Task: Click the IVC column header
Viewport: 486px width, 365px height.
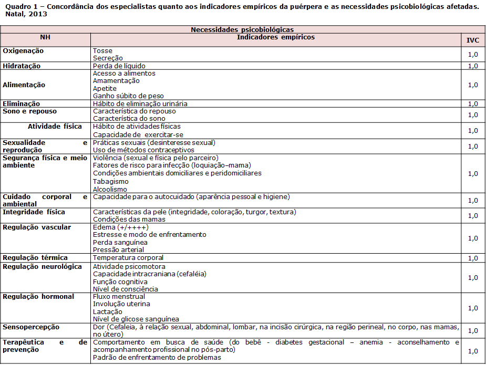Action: pyautogui.click(x=472, y=40)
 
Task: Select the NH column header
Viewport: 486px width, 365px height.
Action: pyautogui.click(x=45, y=37)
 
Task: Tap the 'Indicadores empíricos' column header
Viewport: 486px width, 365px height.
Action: pyautogui.click(x=276, y=37)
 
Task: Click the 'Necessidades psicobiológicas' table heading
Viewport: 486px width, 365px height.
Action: pyautogui.click(x=242, y=30)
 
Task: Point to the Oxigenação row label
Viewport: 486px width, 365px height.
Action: pyautogui.click(x=23, y=51)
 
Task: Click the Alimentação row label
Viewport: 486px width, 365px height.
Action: pyautogui.click(x=24, y=85)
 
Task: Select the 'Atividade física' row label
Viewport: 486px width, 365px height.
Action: pyautogui.click(x=55, y=127)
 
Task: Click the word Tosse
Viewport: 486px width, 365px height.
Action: pyautogui.click(x=102, y=51)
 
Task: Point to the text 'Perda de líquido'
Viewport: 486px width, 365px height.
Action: pyautogui.click(x=119, y=66)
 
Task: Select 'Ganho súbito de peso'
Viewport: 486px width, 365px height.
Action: pyautogui.click(x=128, y=96)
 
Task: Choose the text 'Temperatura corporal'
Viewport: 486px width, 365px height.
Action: pyautogui.click(x=128, y=258)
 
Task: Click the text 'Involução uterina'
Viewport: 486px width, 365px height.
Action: pyautogui.click(x=121, y=304)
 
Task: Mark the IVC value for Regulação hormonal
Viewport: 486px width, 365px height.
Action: pyautogui.click(x=472, y=308)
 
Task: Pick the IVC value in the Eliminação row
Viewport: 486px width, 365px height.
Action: pyautogui.click(x=472, y=104)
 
